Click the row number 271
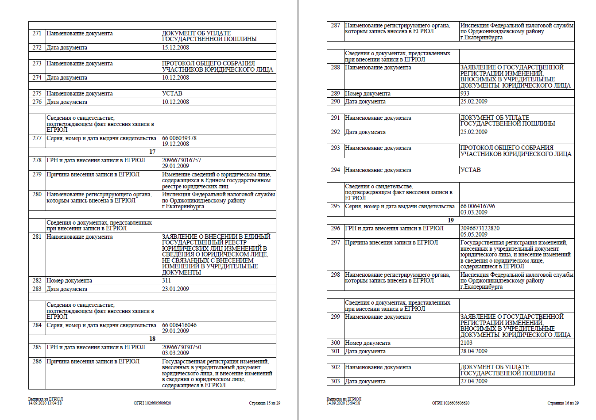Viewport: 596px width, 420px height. (x=37, y=34)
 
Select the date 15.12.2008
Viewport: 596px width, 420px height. (x=175, y=48)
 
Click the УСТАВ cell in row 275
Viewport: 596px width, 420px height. (x=172, y=94)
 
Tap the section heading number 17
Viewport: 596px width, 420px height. (x=152, y=152)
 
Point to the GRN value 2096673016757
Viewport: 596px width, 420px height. (x=182, y=160)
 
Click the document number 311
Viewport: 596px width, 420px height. (x=166, y=281)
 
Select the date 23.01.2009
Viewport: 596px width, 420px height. (x=175, y=289)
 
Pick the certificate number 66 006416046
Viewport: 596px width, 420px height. (x=179, y=325)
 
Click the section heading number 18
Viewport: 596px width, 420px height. (x=152, y=339)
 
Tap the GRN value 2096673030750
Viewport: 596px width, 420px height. (x=182, y=347)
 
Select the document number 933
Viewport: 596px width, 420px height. (x=465, y=94)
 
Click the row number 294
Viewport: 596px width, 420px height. (x=335, y=170)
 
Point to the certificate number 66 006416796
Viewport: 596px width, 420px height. (x=478, y=206)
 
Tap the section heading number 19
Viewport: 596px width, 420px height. (x=451, y=220)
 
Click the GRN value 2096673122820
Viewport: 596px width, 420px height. (x=480, y=229)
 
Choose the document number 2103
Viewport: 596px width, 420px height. (x=466, y=343)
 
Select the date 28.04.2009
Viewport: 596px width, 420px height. (x=474, y=351)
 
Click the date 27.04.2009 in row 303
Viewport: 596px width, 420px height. (x=474, y=382)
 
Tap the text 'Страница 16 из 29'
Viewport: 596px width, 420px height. (x=563, y=403)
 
